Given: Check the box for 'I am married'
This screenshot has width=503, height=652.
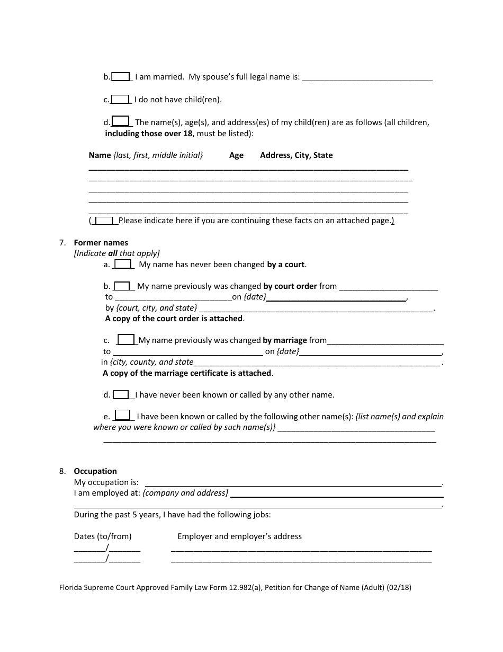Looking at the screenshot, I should (x=121, y=77).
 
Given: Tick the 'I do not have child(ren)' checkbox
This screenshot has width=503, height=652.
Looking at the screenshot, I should (x=120, y=99).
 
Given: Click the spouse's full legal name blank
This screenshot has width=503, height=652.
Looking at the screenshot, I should (x=367, y=77).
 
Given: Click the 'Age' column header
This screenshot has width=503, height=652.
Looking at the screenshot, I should (x=236, y=155).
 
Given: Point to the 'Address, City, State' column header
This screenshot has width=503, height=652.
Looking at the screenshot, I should (x=297, y=155).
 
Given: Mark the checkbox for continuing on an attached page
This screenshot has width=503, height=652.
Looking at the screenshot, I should (x=104, y=221).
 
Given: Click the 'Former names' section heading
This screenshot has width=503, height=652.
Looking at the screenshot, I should (x=101, y=243).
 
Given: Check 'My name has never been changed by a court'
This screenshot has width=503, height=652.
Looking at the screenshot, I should (x=123, y=264).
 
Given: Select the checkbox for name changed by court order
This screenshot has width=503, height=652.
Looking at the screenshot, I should (x=122, y=286).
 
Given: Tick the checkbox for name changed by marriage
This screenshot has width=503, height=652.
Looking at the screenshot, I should (x=126, y=340).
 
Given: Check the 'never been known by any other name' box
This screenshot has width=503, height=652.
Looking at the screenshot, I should (x=121, y=394).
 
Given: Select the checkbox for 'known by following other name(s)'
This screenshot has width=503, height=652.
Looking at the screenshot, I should (x=122, y=416).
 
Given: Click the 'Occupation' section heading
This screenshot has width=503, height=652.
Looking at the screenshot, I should (x=95, y=471).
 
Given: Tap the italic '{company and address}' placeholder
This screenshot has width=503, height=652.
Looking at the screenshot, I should (x=185, y=493).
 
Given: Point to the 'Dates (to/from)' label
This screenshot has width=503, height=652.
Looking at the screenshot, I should (x=103, y=536).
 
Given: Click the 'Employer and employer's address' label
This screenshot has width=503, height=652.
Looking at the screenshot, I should (x=239, y=536).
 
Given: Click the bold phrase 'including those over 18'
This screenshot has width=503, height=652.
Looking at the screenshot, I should (x=149, y=134).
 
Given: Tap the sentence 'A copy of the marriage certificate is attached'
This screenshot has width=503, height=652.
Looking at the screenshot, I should (x=187, y=373).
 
